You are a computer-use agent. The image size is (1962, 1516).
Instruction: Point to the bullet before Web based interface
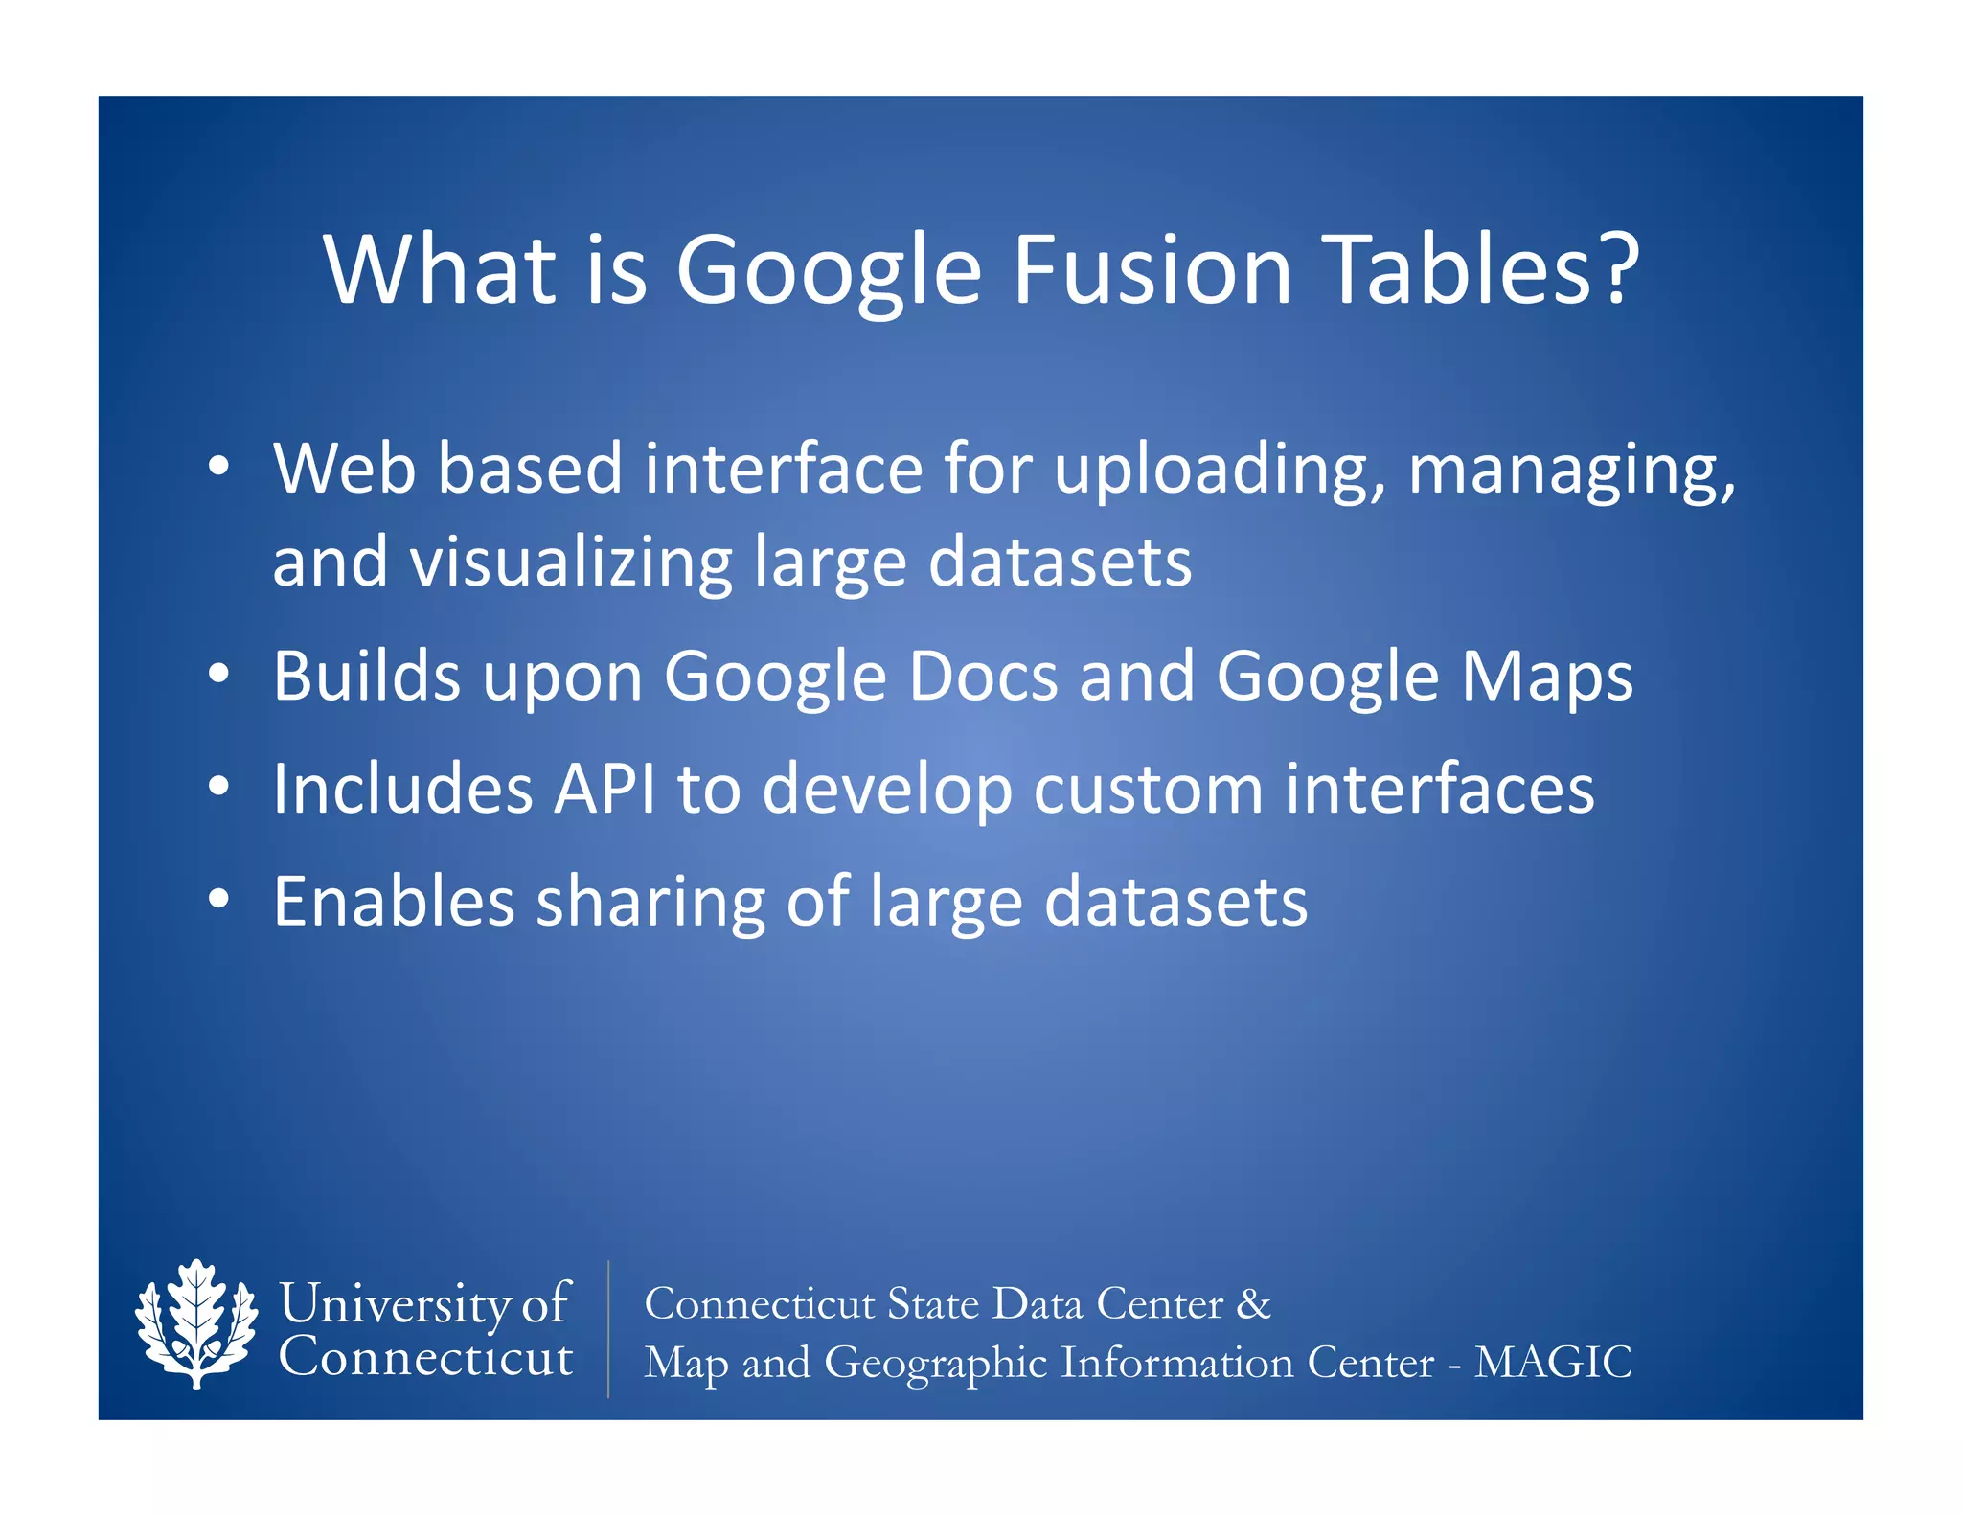click(218, 467)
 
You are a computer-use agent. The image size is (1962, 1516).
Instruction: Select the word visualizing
click(571, 563)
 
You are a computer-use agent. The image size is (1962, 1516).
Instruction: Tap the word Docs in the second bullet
click(983, 678)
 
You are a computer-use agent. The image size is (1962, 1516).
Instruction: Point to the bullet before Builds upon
click(218, 674)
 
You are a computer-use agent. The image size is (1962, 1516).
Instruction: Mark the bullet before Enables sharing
click(218, 900)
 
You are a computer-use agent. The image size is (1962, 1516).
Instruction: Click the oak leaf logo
click(196, 1322)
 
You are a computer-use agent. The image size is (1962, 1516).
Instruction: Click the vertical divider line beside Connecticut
click(608, 1328)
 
